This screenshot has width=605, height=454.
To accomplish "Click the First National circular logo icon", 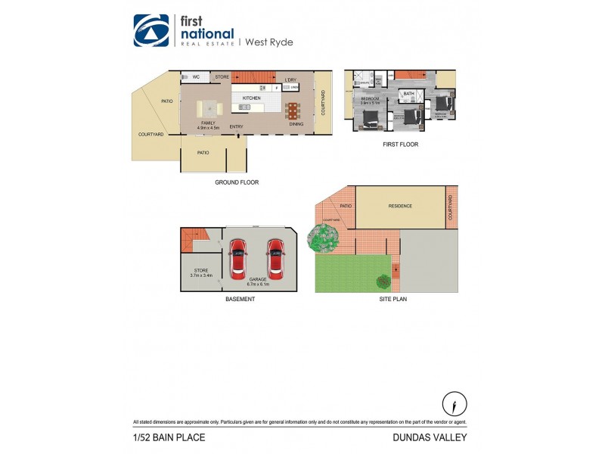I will click(151, 31).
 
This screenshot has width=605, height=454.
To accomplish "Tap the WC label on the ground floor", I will click(195, 77).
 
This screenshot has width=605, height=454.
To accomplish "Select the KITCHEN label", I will click(251, 98).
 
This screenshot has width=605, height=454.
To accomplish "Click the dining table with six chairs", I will click(292, 110).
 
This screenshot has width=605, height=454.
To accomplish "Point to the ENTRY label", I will click(237, 126).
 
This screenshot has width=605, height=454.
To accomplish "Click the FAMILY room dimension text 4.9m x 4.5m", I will click(208, 128).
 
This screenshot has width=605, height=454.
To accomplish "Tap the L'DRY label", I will click(290, 80).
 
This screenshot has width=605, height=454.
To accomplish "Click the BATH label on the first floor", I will click(408, 95).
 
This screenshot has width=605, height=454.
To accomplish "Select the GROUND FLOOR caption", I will click(237, 182).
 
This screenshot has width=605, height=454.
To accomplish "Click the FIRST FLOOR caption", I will click(400, 145).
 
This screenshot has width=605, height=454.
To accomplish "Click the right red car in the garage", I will click(275, 259).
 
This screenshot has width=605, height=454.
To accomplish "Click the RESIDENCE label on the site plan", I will click(400, 206).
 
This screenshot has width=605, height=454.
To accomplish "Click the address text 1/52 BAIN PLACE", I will click(169, 437).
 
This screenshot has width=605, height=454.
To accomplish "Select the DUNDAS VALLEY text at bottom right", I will click(430, 437).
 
